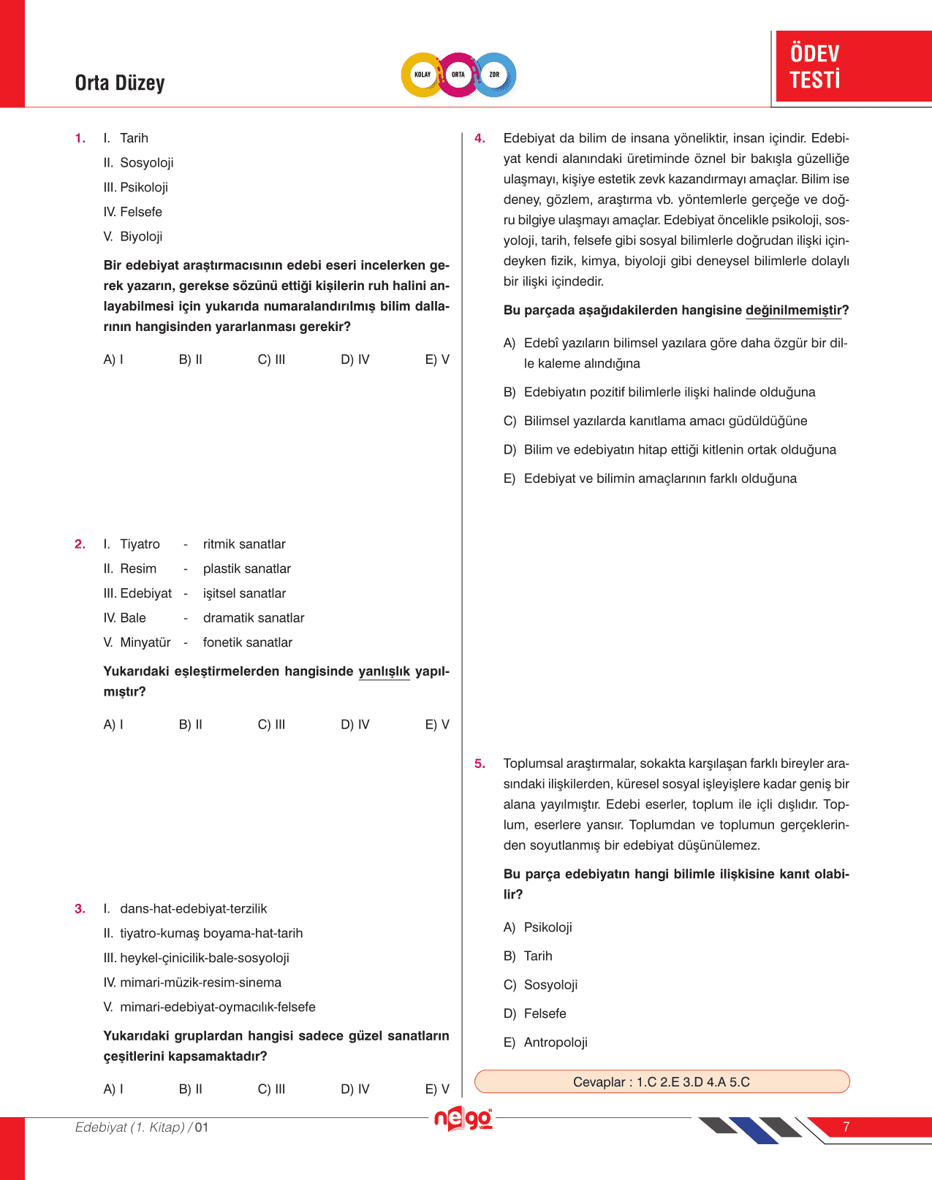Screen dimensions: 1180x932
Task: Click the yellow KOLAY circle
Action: (x=423, y=75)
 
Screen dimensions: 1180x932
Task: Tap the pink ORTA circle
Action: (x=458, y=75)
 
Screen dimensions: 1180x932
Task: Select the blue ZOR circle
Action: (x=494, y=75)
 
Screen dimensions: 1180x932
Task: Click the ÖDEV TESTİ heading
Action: (x=815, y=66)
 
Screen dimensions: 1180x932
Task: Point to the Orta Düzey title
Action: (x=120, y=83)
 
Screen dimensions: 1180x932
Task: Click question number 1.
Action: (x=80, y=138)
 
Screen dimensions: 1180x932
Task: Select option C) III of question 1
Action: (x=271, y=359)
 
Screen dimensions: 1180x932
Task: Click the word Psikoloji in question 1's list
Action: (x=144, y=188)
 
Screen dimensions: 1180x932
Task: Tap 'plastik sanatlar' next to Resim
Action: (x=246, y=569)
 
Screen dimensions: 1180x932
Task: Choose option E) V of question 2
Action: (x=437, y=725)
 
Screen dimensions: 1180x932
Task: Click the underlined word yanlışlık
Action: (x=384, y=671)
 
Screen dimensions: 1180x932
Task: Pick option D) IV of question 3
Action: (x=355, y=1089)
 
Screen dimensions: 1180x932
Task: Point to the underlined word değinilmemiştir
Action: (x=793, y=311)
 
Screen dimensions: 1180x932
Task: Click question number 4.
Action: (x=480, y=138)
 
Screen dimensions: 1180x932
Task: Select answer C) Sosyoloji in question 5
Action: (x=541, y=985)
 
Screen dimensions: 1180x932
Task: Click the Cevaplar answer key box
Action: (x=662, y=1082)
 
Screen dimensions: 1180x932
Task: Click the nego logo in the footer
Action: (x=463, y=1119)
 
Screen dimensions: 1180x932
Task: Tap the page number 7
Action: (x=846, y=1127)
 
